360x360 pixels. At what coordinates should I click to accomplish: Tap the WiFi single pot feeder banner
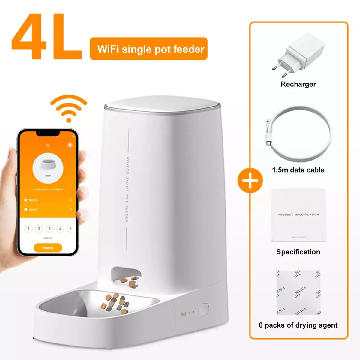[x=149, y=49]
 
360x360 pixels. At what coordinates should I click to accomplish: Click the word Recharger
[x=298, y=84]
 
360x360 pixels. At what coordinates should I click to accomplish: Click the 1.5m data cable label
[x=298, y=170]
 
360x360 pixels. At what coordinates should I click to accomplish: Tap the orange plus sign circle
[x=250, y=181]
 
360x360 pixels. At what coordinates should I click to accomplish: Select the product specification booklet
[x=298, y=215]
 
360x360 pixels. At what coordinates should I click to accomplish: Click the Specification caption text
[x=298, y=252]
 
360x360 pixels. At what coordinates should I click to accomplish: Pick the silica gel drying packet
[x=298, y=292]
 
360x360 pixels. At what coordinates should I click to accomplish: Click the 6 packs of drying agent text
[x=298, y=325]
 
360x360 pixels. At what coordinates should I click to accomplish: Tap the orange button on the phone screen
[x=48, y=248]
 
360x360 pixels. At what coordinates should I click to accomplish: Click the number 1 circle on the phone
[x=28, y=229]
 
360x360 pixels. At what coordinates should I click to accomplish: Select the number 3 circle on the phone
[x=49, y=229]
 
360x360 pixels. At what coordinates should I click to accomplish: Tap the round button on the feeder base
[x=204, y=309]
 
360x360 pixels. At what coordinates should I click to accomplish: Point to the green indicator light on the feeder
[x=189, y=313]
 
